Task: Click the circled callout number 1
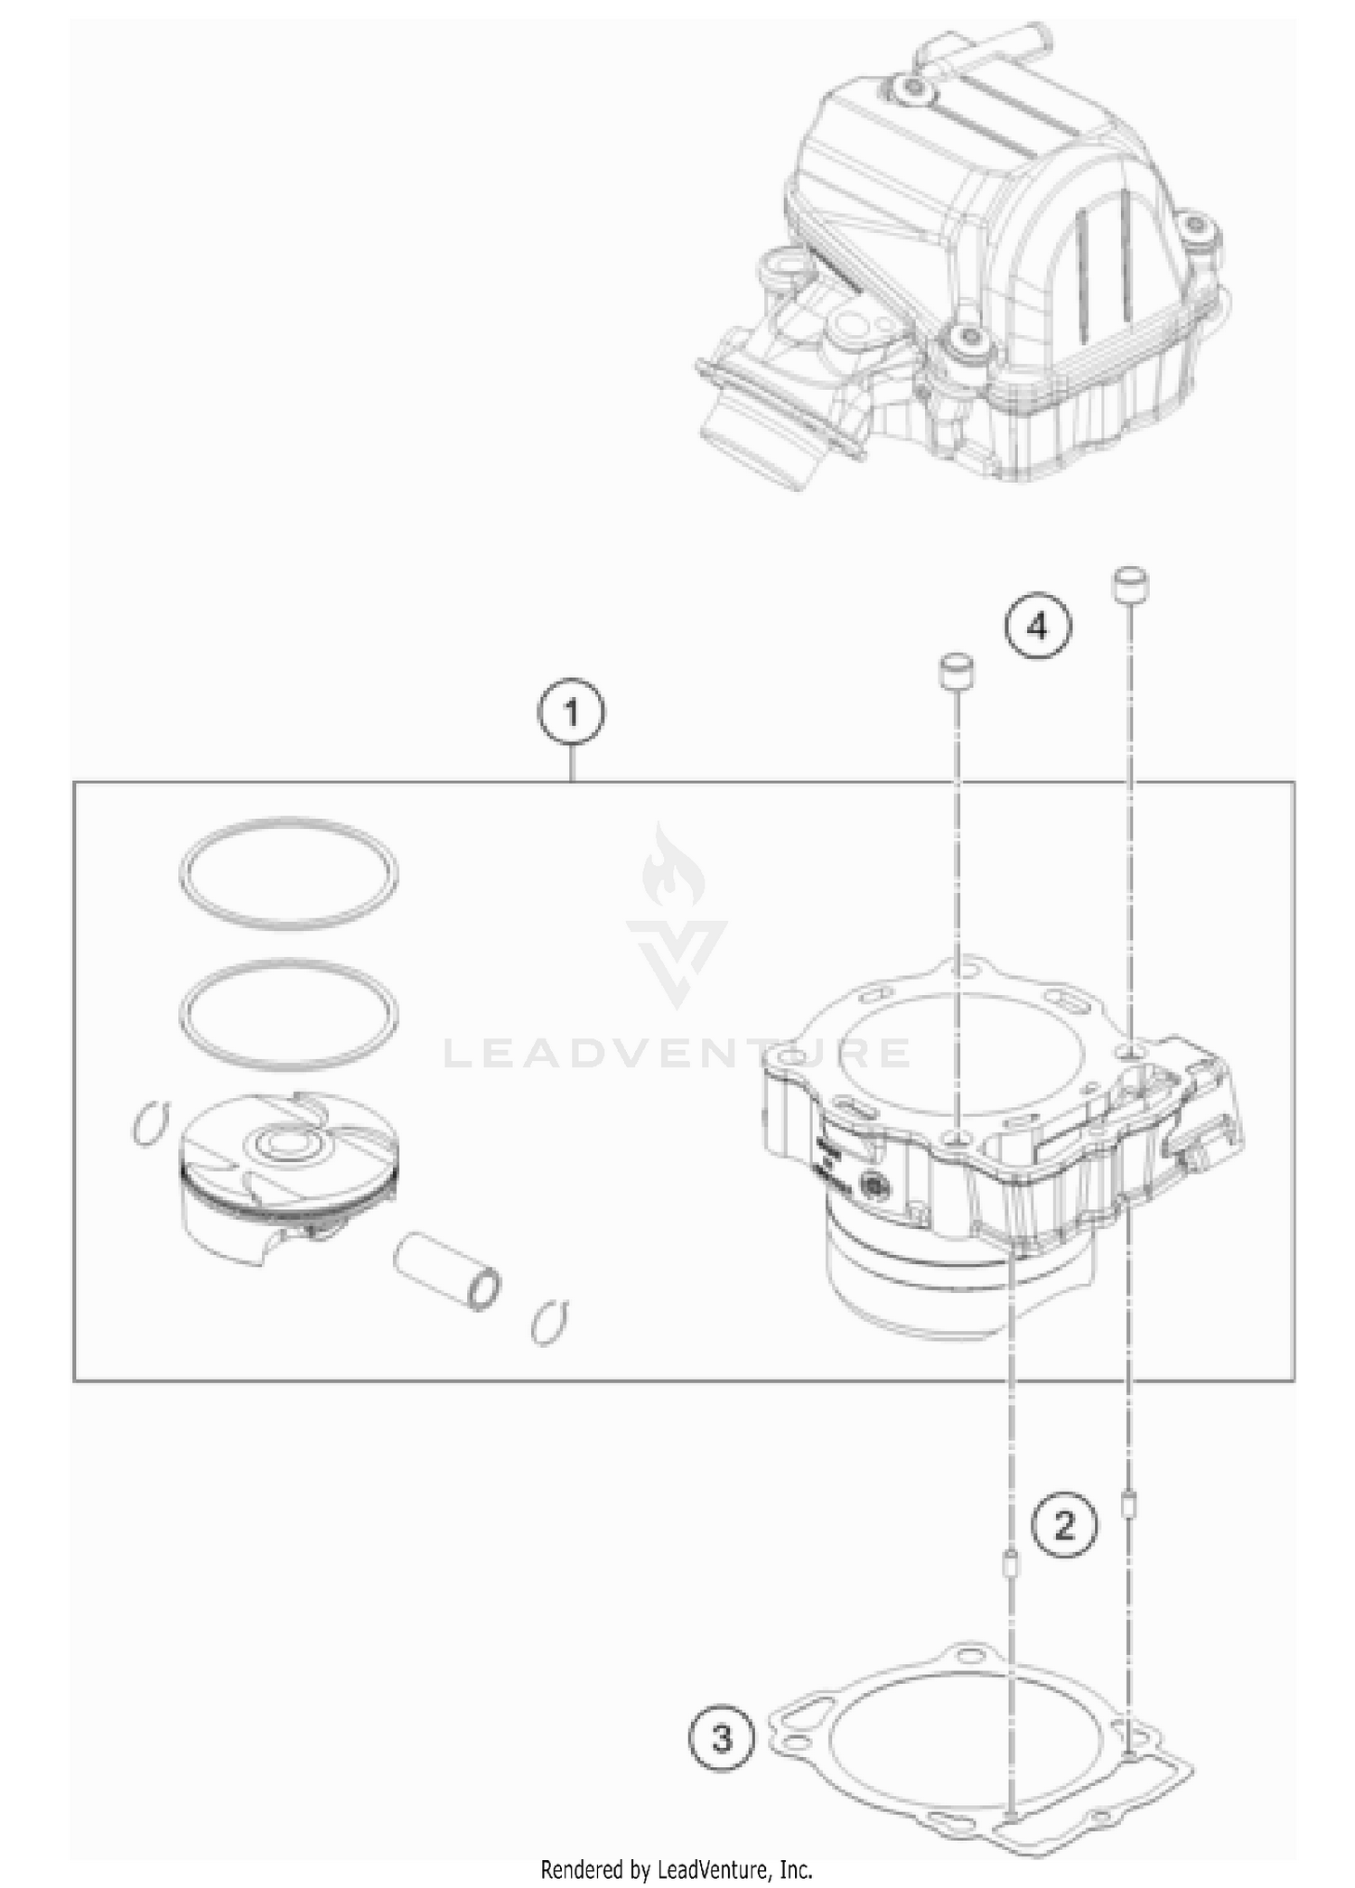(x=571, y=714)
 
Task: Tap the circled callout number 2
(x=1065, y=1526)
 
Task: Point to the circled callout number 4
(x=1038, y=626)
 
